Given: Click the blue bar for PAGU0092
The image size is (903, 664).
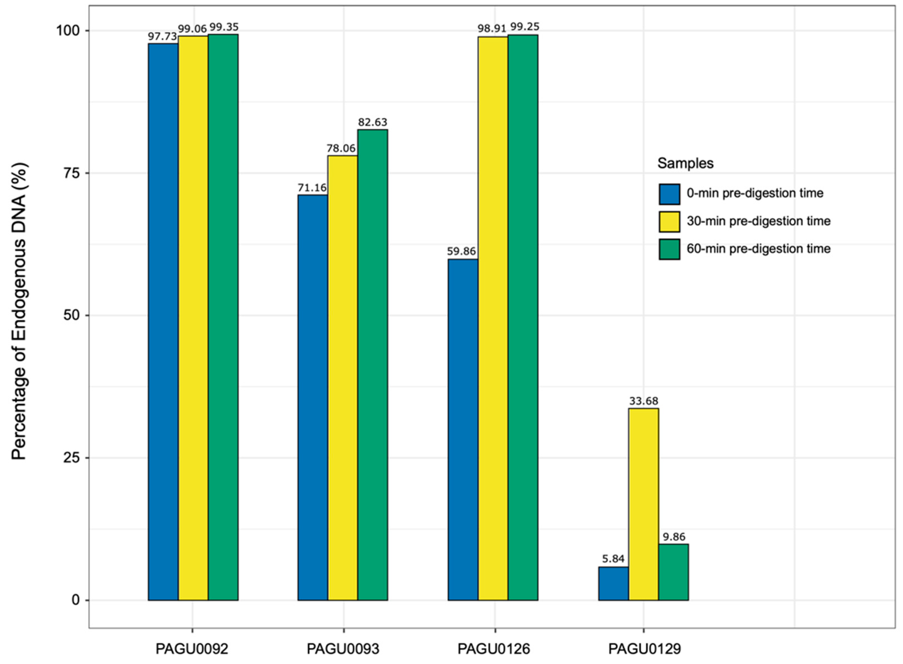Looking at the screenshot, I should (x=163, y=322).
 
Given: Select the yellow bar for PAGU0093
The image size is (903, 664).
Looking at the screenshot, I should (x=342, y=378).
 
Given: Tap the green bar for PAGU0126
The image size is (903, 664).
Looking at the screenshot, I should (x=523, y=318).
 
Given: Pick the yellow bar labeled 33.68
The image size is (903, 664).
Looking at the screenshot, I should (x=643, y=504).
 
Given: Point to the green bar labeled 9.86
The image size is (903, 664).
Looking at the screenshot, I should (x=673, y=572).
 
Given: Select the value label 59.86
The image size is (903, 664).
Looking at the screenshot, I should (x=461, y=252).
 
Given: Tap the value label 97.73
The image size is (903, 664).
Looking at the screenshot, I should (x=162, y=37).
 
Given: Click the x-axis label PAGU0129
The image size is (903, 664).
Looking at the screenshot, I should (x=644, y=649).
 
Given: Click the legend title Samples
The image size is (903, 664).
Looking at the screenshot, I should (x=685, y=163).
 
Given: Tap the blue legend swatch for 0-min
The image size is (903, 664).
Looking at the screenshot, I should (x=669, y=194).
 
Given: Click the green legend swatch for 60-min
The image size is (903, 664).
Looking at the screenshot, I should (x=669, y=249).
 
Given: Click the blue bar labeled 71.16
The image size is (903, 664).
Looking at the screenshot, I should (x=312, y=398).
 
